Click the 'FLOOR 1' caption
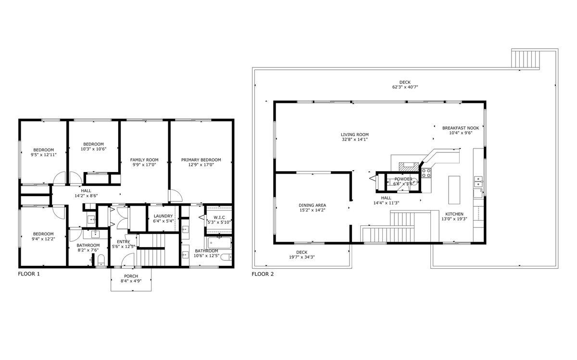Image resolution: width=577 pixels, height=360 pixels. coord(28,274)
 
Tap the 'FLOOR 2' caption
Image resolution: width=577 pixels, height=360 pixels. coord(263,274)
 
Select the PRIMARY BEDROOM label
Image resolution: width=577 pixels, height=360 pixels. coord(201,160)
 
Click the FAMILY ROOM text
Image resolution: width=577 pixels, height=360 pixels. coord(144,160)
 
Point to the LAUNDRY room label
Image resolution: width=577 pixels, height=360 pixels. coord(163,216)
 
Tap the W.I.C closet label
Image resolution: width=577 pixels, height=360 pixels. coord(218,217)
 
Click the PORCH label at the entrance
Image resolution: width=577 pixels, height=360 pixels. coord(131,276)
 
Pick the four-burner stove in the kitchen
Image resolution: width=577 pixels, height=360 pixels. coord(426,173)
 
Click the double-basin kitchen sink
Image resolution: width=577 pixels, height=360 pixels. coord(478,181)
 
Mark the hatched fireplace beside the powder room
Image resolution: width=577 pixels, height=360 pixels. coord(408,167)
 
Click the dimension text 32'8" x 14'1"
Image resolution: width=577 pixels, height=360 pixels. coord(354,140)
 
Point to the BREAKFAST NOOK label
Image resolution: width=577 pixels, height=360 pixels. coord(460,128)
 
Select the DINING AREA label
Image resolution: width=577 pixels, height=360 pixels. coord(312,205)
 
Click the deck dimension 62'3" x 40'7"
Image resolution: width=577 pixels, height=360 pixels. coord(405,87)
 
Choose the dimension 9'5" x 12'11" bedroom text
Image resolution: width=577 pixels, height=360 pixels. coord(43,155)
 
